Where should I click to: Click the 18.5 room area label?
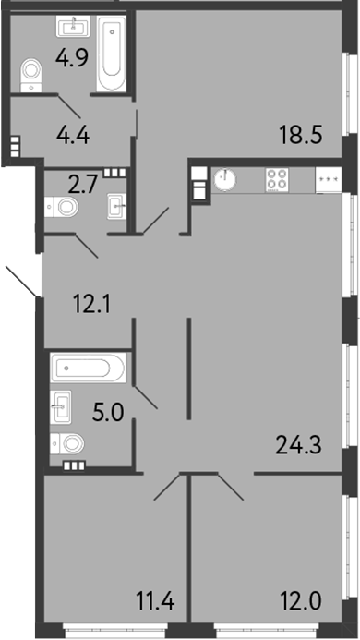point(301,138)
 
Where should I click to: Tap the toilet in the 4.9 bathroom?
point(31,72)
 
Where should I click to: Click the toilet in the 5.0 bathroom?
point(69,444)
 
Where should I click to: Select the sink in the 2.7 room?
point(117,204)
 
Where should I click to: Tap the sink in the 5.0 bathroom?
point(62,405)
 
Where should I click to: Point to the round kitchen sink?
point(225,178)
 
